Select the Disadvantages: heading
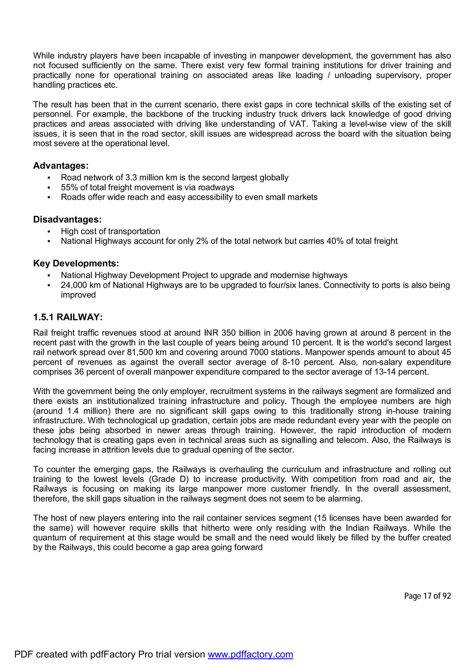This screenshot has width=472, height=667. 67,219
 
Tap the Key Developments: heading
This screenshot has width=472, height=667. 76,263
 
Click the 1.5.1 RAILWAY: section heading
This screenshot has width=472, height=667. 68,317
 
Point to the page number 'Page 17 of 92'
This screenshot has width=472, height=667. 427,596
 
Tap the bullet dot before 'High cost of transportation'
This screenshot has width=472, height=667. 49,232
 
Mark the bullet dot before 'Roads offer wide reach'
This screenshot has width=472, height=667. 49,197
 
